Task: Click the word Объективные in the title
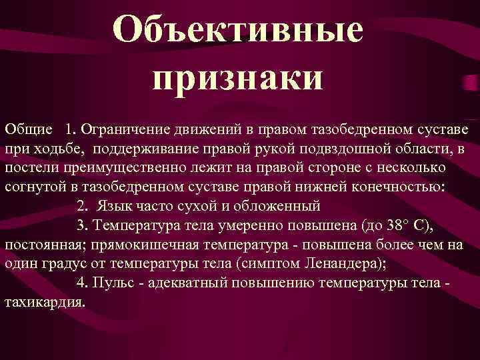click(x=238, y=31)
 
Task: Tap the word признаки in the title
click(x=237, y=77)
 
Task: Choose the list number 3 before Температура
click(x=81, y=223)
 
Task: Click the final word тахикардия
click(x=45, y=301)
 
